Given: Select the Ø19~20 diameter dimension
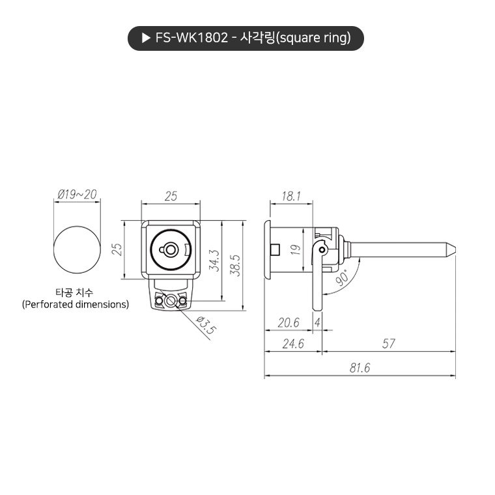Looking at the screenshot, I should click(x=77, y=194).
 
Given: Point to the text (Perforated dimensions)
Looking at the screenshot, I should click(x=76, y=304).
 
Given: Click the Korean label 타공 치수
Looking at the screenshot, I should click(x=76, y=292).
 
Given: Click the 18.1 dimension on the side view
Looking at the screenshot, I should click(x=291, y=195).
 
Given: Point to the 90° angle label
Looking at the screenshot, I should click(x=343, y=275).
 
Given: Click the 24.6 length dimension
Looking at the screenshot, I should click(x=293, y=344).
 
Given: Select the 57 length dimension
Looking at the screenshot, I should click(x=388, y=344).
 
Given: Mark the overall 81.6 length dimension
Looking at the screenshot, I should click(x=359, y=368).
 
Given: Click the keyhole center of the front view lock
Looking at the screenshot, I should click(x=171, y=249).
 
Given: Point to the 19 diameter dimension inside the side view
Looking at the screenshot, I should click(x=294, y=249).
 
